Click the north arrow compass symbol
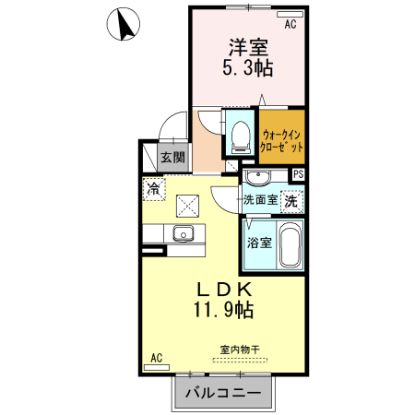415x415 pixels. coord(123,23)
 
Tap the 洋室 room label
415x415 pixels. coord(247,45)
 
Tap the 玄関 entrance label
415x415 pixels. coord(173,157)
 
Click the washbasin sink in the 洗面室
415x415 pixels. coord(257,176)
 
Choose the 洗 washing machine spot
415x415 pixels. coord(290,199)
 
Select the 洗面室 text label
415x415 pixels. coord(260,199)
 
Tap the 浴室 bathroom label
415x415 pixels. coord(258,243)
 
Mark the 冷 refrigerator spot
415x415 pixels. coord(153,188)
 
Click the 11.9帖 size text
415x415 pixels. coord(222,310)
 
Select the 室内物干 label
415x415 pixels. coord(240,350)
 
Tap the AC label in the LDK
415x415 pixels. coord(156,357)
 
